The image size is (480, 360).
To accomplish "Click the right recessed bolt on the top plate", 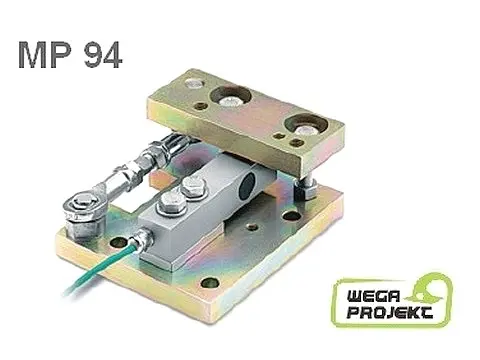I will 303,124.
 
